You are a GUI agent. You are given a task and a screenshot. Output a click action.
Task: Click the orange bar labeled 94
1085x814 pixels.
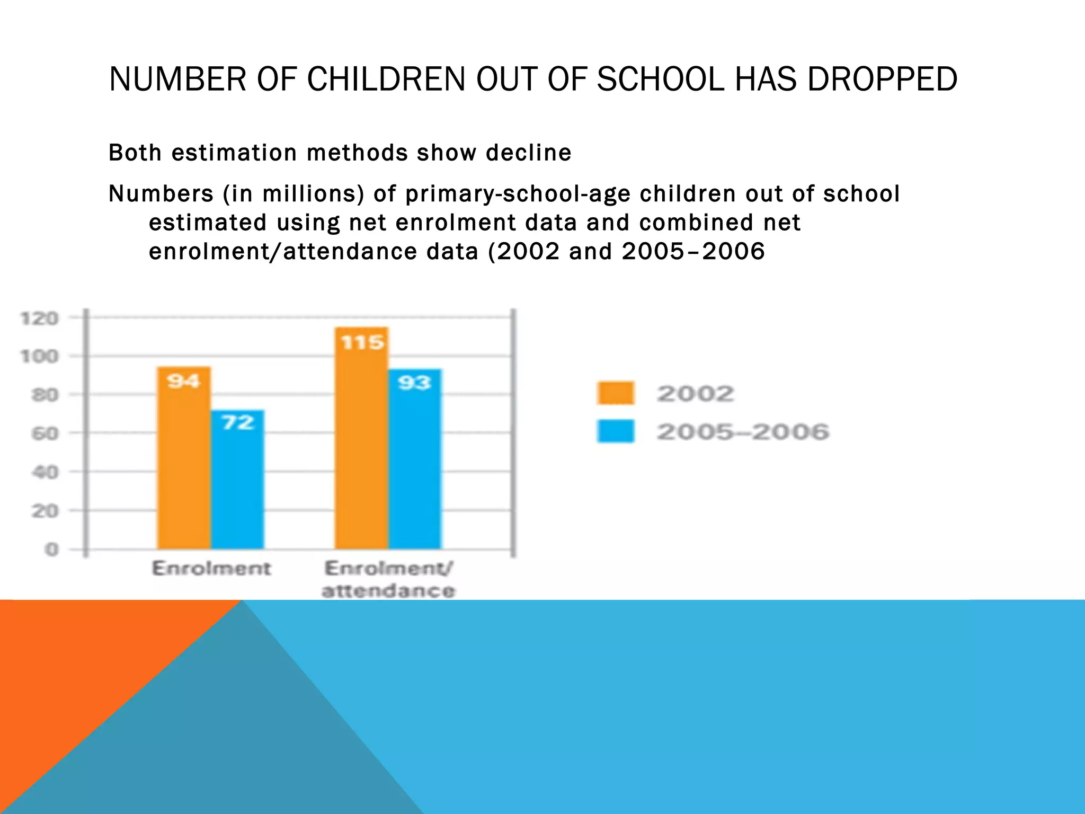coord(184,458)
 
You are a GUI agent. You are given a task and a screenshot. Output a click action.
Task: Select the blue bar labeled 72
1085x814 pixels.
coord(237,480)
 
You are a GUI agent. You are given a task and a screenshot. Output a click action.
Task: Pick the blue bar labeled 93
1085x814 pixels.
coord(415,459)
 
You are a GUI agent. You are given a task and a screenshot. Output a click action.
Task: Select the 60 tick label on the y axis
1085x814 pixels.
coord(45,434)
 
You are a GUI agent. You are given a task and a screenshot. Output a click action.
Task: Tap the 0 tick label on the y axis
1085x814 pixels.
coord(51,550)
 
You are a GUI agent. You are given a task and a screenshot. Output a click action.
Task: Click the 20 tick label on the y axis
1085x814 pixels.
coord(45,511)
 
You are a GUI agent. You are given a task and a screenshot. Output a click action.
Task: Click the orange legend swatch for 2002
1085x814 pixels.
coord(615,393)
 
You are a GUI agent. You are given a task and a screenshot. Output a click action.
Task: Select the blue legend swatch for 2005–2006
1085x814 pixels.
coord(615,431)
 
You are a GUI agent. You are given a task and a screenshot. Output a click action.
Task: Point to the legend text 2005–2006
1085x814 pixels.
coord(743,432)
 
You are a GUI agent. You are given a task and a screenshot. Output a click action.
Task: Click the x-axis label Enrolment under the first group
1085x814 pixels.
coord(211,569)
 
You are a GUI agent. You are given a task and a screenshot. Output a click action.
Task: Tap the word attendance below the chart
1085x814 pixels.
coord(388,591)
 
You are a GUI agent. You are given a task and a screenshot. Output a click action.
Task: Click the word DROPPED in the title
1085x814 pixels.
coord(882,79)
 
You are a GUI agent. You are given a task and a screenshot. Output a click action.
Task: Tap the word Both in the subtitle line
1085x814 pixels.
coord(135,153)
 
